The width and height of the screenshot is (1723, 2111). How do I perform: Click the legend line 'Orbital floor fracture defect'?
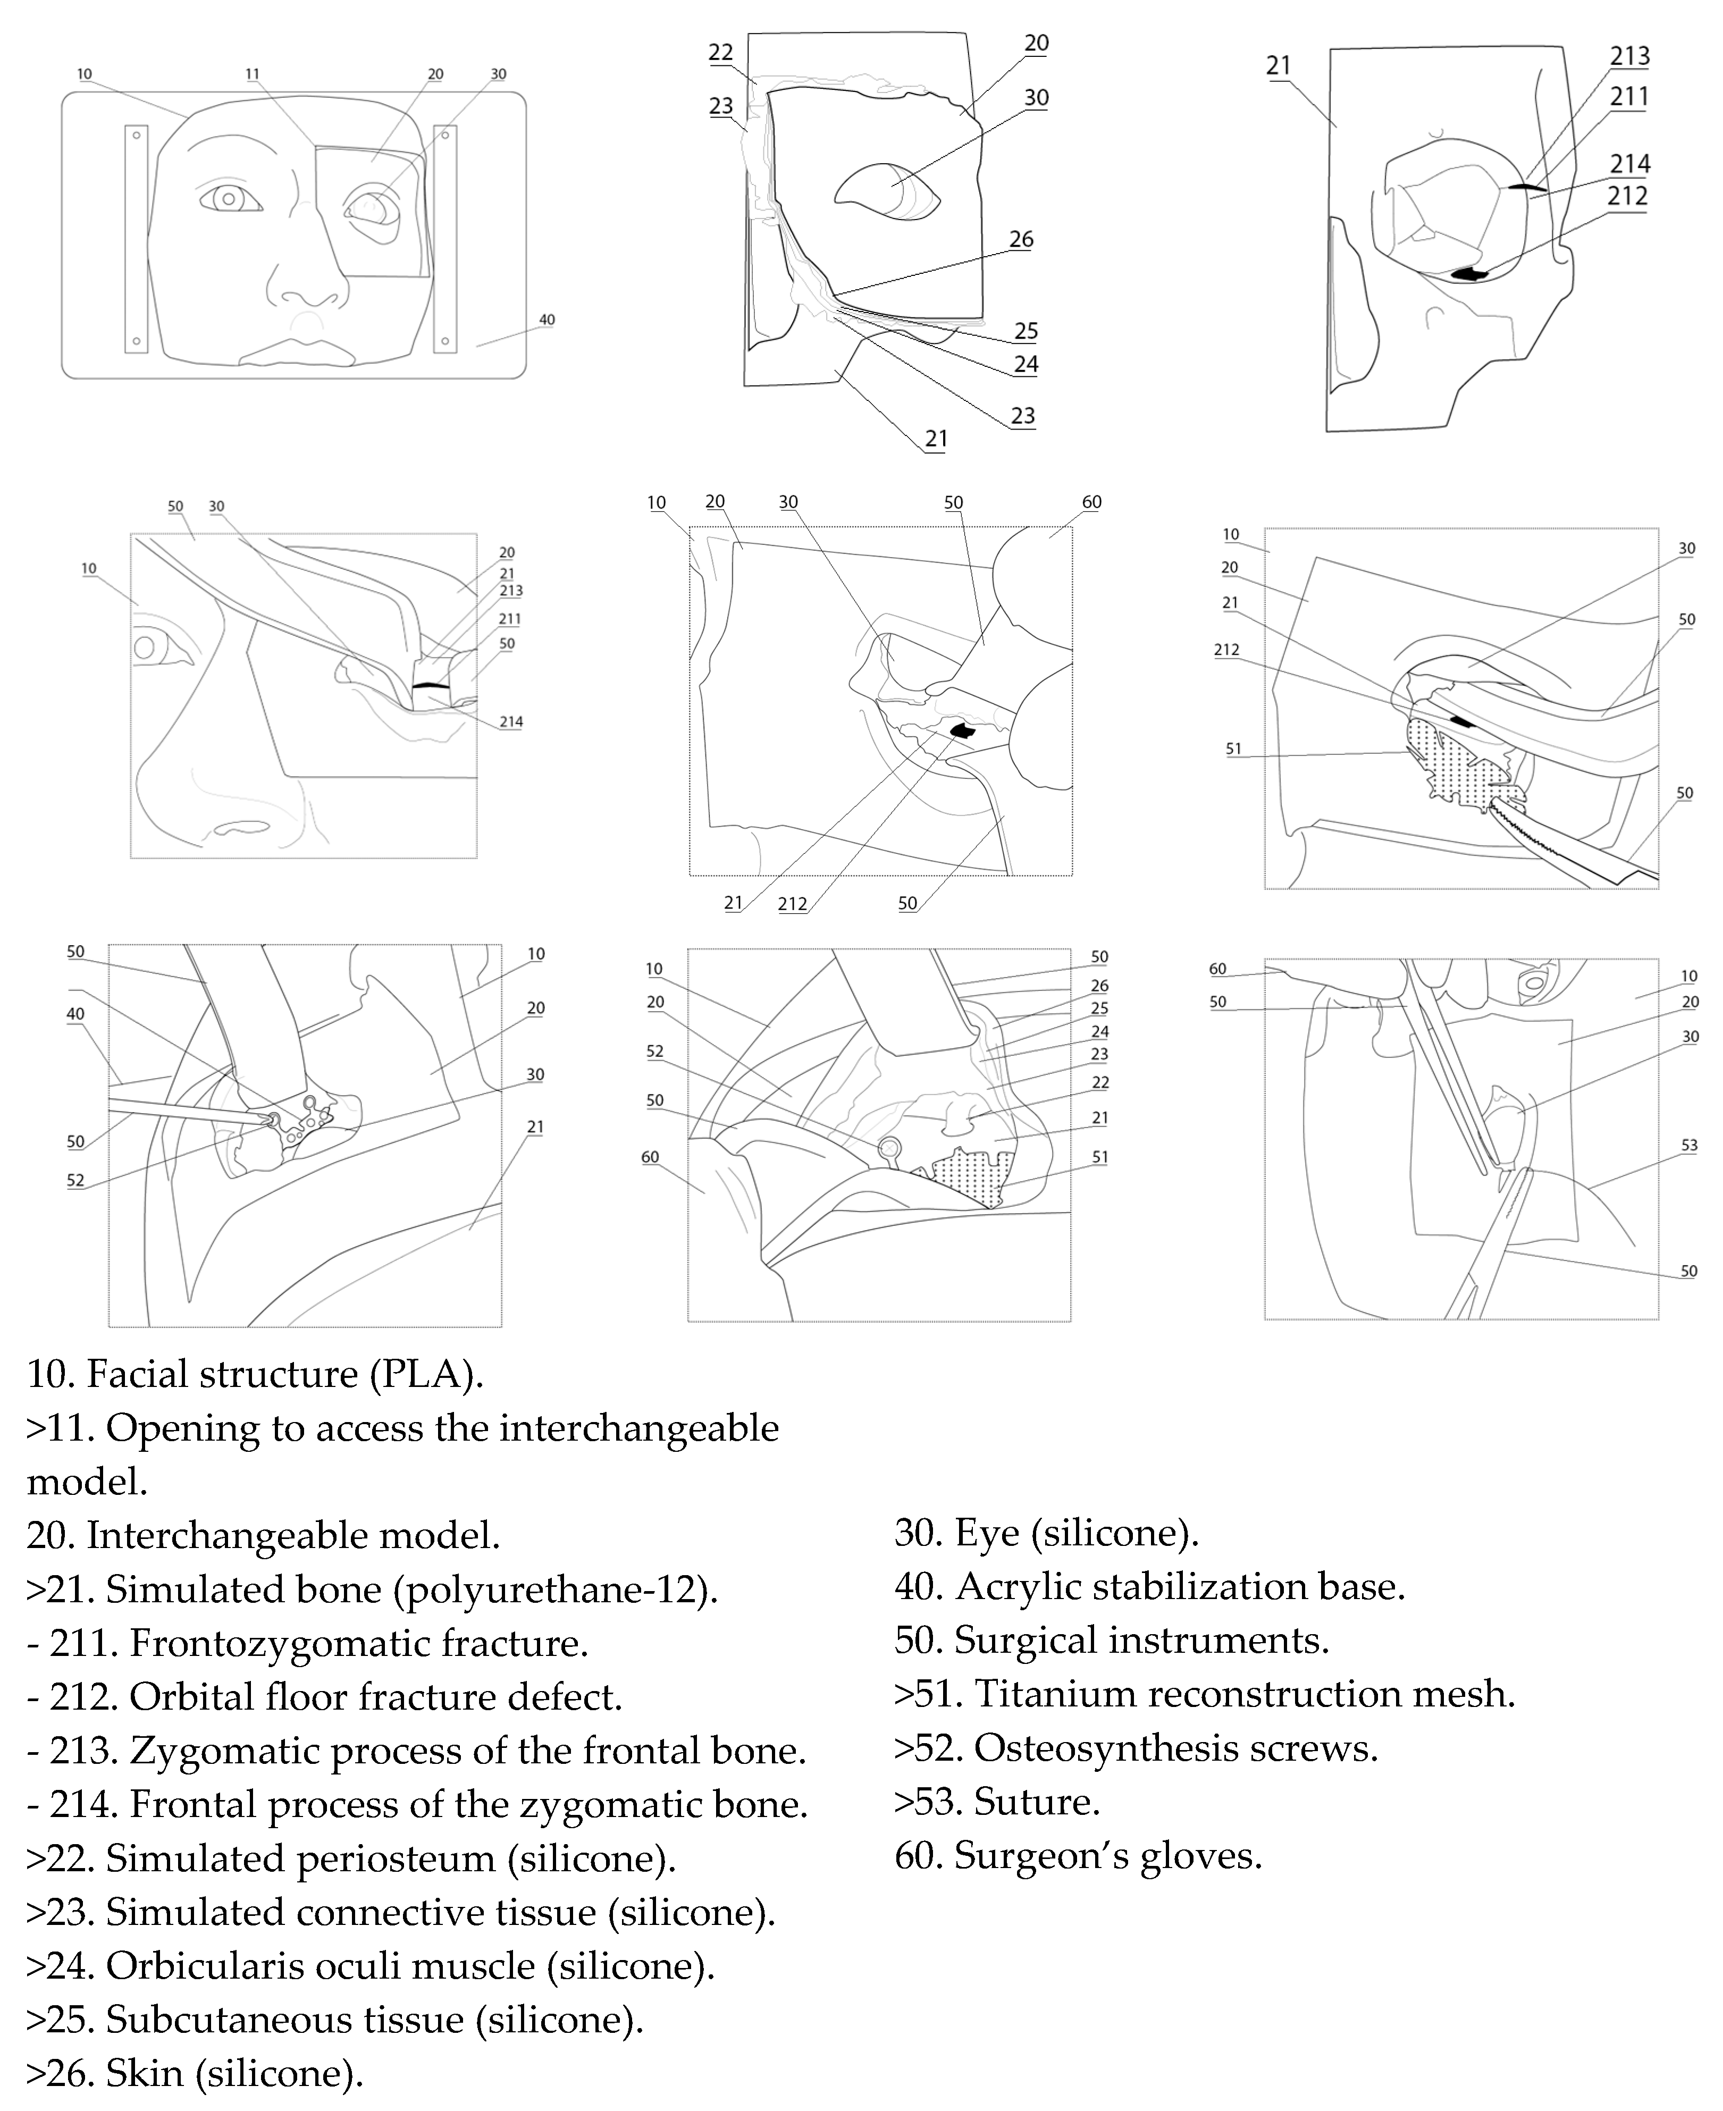324,1696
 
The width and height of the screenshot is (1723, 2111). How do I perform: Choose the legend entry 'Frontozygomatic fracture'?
308,1643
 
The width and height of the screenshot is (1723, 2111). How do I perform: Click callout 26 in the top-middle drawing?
1021,239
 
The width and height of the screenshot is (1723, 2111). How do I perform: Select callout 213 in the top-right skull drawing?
1629,56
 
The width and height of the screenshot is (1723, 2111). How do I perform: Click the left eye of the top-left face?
229,198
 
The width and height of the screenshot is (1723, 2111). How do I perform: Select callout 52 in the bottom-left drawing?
75,1180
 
